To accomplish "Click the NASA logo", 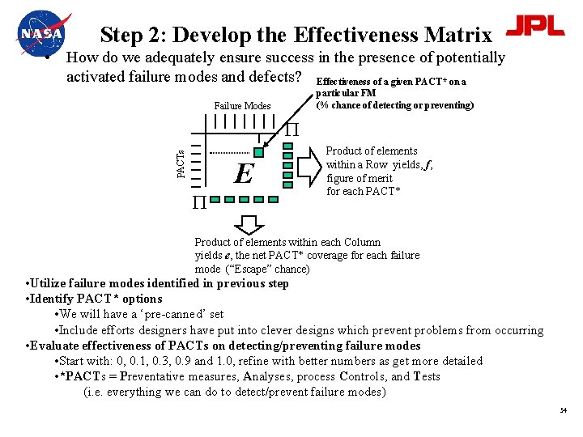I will pos(43,32).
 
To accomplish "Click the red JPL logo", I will pos(535,26).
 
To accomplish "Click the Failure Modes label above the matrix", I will pos(242,106).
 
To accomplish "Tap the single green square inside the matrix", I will pos(258,152).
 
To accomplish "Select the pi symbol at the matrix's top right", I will pos(291,129).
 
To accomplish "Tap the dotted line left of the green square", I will pos(229,152).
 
